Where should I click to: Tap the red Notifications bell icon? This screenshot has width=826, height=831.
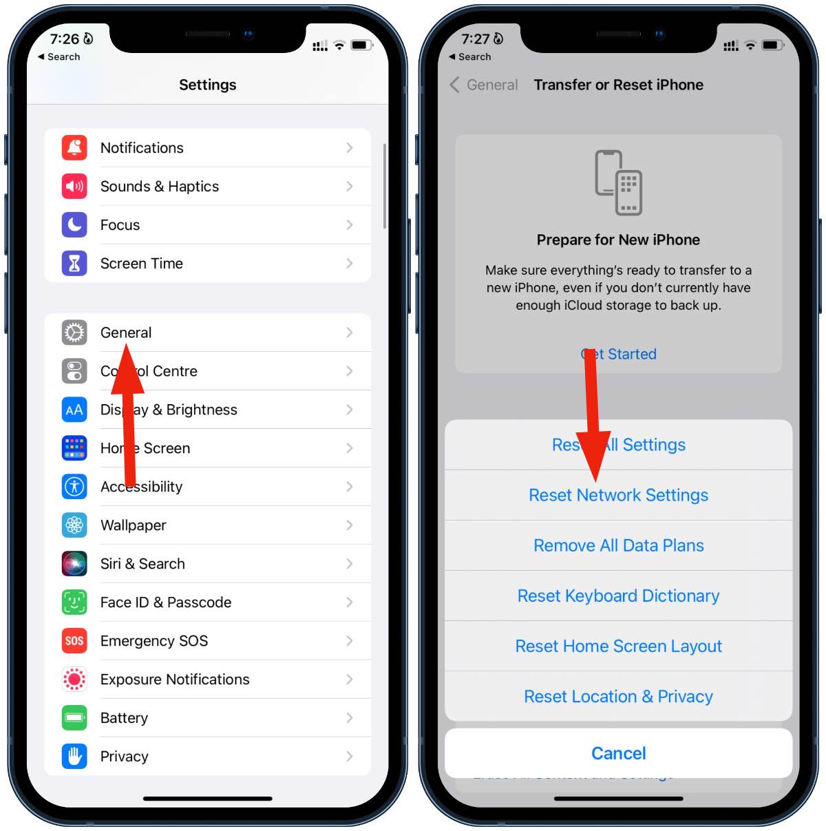point(74,147)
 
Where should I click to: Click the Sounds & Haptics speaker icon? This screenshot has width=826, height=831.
point(74,186)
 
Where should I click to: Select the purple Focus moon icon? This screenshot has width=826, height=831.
point(74,224)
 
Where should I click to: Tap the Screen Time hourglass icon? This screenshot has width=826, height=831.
point(74,263)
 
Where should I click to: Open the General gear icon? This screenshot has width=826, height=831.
point(74,333)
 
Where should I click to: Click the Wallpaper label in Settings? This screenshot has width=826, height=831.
point(134,525)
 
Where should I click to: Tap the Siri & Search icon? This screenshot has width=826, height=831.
point(74,564)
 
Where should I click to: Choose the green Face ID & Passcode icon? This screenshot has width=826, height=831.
point(74,602)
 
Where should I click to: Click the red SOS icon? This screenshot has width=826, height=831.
point(74,641)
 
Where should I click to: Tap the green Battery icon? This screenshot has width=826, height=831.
point(74,718)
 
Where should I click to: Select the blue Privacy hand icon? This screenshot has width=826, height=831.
point(74,757)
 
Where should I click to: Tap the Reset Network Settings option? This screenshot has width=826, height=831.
point(618,495)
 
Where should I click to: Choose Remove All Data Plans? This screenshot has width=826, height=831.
point(618,545)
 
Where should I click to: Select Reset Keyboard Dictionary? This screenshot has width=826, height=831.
point(618,596)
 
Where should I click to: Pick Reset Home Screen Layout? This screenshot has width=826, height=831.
point(618,646)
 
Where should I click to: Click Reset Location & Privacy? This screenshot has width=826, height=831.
point(618,697)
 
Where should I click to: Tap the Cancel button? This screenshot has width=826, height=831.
point(618,753)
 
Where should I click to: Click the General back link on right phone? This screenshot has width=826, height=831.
point(484,85)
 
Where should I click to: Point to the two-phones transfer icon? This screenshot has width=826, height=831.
point(618,182)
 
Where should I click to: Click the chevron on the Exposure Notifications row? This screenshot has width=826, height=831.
point(350,680)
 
